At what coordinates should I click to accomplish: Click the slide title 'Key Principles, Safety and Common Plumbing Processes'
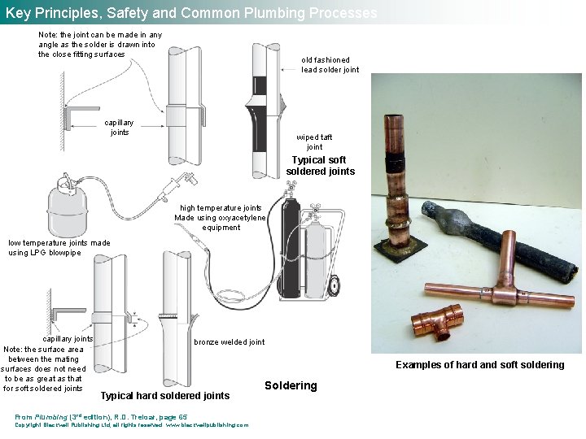(191, 13)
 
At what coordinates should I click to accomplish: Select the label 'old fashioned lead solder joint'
(330, 65)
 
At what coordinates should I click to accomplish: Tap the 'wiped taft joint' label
(313, 142)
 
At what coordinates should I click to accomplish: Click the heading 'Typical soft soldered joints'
(320, 166)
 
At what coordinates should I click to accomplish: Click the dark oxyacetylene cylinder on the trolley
(288, 244)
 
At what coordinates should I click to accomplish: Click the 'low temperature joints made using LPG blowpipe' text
(59, 248)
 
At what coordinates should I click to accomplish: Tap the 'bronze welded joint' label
(229, 342)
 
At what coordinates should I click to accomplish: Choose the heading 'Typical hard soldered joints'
(164, 396)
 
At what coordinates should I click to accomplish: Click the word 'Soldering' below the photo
(291, 385)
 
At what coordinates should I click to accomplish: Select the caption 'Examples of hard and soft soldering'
(479, 365)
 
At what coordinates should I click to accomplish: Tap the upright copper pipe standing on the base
(397, 183)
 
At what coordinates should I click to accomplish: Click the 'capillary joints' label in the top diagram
(120, 128)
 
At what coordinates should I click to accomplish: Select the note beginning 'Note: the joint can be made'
(99, 45)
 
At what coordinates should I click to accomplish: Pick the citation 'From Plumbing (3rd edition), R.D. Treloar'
(101, 417)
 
